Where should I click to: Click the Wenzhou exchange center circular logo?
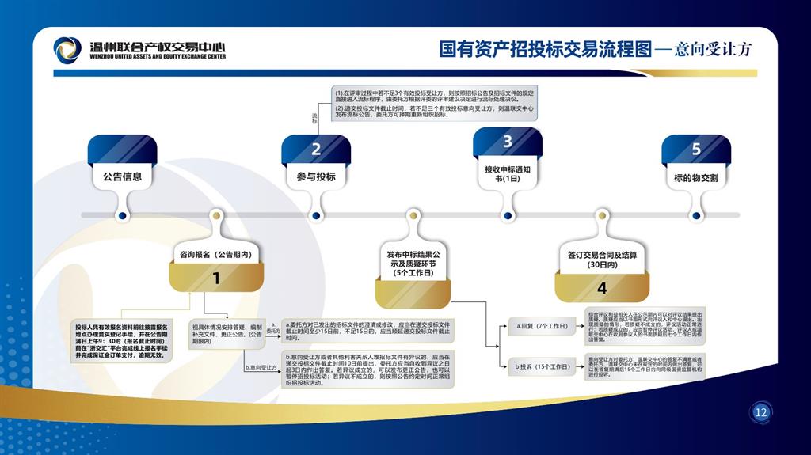(67, 50)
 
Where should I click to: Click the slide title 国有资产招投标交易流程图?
(546, 49)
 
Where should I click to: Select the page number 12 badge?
(761, 412)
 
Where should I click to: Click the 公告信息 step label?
(122, 176)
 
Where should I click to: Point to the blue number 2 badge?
(316, 149)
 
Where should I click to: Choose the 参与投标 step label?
(316, 176)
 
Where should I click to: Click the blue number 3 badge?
(508, 142)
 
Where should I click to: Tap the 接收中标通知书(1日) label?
(508, 173)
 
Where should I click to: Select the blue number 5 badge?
(696, 149)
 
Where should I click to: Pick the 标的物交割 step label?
(696, 178)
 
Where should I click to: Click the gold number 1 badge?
(216, 278)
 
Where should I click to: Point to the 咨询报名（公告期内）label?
(216, 255)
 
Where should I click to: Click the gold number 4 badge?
(602, 288)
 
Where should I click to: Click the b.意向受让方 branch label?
(261, 367)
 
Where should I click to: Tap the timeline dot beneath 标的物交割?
(696, 215)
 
